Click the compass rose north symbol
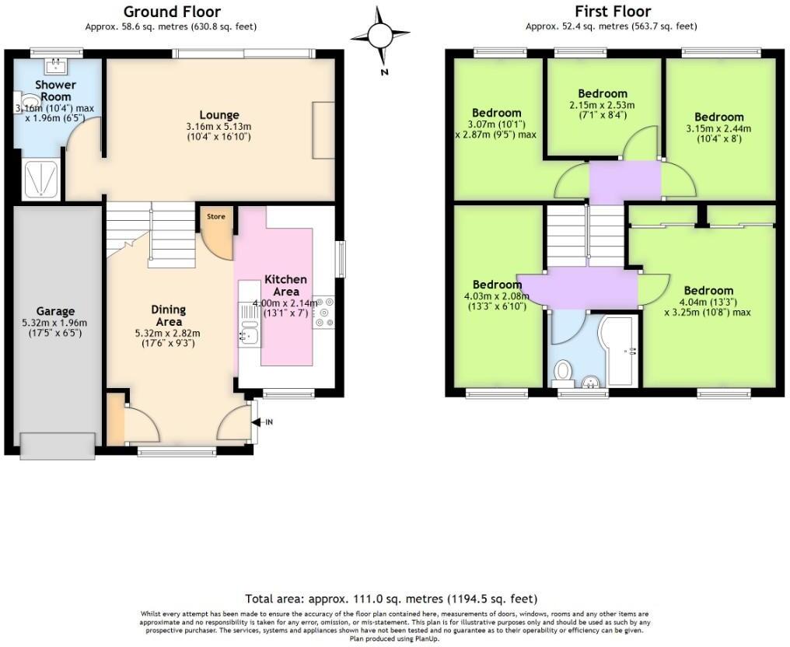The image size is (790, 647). click(x=380, y=36)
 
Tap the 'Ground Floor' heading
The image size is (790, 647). click(x=171, y=12)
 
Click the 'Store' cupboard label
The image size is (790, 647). click(x=216, y=216)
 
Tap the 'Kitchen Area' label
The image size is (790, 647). click(x=285, y=285)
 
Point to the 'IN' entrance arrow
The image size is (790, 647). click(x=264, y=422)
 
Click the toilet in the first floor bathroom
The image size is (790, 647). click(x=563, y=372)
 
